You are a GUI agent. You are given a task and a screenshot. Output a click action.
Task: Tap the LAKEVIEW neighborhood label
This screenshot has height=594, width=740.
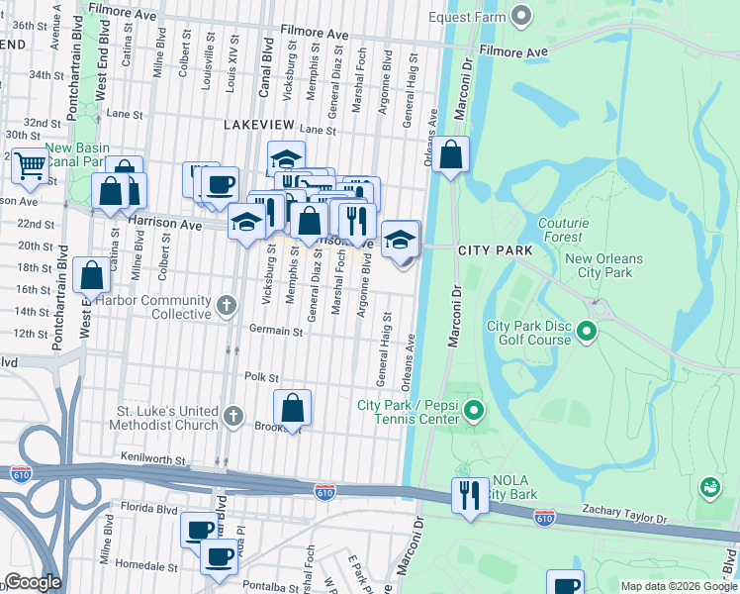(259, 125)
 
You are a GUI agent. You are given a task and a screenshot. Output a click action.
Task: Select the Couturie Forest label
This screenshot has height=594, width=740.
(563, 230)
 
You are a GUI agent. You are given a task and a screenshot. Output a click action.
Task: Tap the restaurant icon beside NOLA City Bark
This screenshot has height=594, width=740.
(469, 494)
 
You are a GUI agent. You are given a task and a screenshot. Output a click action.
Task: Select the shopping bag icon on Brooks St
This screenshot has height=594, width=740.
(293, 407)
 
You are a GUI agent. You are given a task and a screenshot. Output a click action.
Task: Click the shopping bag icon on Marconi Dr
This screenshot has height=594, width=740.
(450, 154)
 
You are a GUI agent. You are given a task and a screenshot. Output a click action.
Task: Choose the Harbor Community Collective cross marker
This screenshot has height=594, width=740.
(227, 304)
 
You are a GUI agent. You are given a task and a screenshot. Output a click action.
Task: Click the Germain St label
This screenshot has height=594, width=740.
(275, 332)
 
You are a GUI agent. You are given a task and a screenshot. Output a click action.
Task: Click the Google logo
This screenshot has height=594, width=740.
(33, 582)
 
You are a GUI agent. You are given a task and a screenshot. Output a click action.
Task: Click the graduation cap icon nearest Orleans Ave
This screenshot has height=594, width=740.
(400, 240)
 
